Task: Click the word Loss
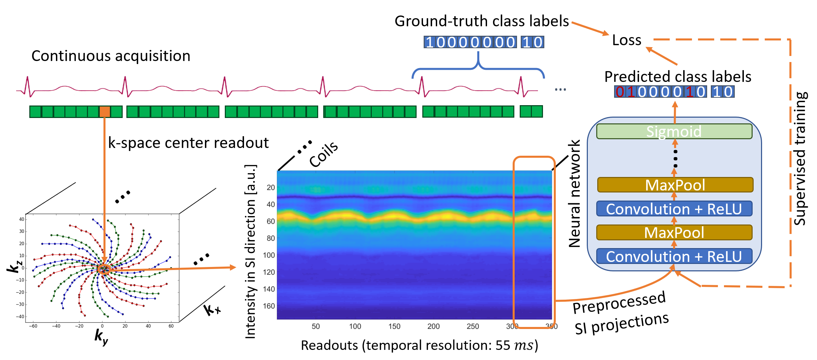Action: (627, 40)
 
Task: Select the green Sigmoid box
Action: (674, 131)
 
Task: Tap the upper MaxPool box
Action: (675, 185)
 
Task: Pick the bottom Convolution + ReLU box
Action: (674, 257)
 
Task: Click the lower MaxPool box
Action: (674, 233)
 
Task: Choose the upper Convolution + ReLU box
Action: (674, 209)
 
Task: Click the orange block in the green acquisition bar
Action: (104, 112)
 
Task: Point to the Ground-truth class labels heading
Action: (482, 21)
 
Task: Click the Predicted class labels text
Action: (677, 77)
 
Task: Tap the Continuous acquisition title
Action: (111, 56)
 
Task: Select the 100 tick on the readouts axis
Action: (355, 326)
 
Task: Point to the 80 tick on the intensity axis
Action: (271, 238)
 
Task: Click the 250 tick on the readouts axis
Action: (473, 326)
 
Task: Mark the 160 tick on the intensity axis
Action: (269, 306)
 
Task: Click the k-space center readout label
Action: (188, 143)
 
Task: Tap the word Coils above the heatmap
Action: (324, 154)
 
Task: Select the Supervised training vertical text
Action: (799, 158)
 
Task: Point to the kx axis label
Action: (212, 309)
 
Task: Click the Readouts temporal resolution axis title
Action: (419, 346)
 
